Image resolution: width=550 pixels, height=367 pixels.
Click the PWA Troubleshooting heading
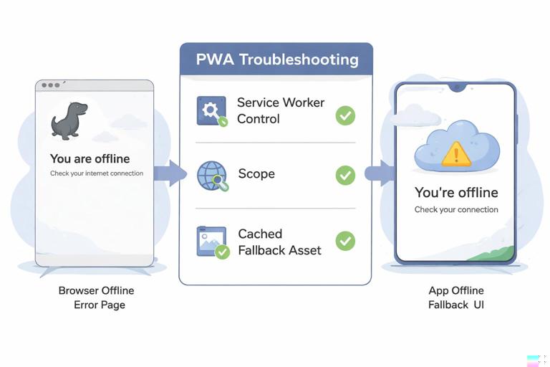pos(276,59)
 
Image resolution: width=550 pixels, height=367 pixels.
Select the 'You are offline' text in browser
pos(90,158)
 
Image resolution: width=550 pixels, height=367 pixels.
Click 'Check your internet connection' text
pos(97,173)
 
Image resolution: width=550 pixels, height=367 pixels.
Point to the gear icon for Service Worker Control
pos(211,111)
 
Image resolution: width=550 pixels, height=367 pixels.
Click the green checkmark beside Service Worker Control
pos(345,115)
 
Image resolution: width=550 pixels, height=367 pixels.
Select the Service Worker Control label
pos(280,110)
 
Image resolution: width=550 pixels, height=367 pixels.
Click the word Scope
pos(256,174)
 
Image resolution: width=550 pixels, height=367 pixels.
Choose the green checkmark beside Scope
pos(345,175)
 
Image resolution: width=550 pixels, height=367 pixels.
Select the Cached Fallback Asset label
pos(279,242)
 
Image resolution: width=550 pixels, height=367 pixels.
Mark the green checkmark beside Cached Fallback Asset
pos(345,241)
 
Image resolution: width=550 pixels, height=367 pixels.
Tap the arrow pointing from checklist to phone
pos(379,173)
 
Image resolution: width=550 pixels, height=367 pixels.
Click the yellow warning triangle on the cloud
pos(456,153)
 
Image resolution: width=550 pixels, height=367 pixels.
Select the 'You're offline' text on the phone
pos(456,193)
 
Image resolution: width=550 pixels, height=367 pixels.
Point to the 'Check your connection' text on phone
pos(456,209)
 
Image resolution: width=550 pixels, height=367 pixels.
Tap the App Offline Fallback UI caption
pos(456,297)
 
